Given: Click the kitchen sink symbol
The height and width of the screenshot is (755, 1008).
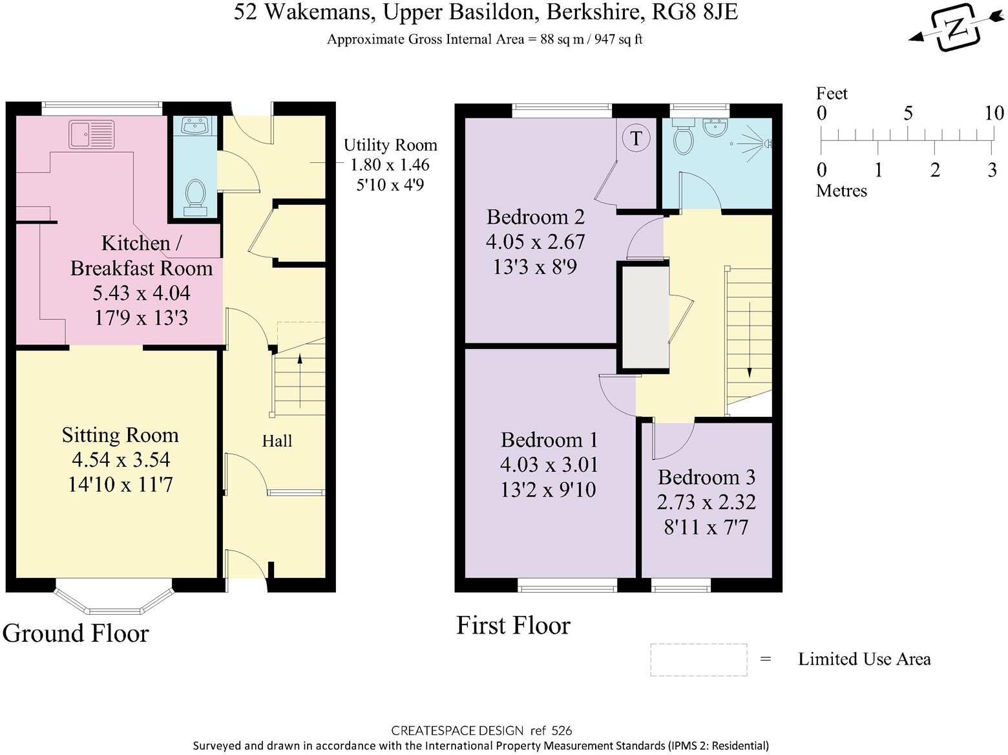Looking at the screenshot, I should (91, 134).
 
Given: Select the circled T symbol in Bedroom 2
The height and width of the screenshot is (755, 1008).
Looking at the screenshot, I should (636, 138).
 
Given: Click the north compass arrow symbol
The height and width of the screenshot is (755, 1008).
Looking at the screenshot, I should (955, 27).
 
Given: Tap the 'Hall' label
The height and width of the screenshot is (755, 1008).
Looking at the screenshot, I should (277, 441).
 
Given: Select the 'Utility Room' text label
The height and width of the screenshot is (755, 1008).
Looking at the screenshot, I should (390, 145).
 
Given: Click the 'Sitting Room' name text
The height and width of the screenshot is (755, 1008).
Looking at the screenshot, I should (120, 435).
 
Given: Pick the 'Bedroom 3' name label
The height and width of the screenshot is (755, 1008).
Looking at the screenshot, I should (706, 477).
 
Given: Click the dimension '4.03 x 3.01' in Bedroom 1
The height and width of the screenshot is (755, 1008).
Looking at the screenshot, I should (549, 465).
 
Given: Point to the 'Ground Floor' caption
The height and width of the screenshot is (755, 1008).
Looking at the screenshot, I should (76, 633).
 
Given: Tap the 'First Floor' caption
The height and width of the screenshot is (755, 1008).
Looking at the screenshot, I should (513, 625).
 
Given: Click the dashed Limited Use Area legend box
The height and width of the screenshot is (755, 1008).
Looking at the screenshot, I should (698, 660).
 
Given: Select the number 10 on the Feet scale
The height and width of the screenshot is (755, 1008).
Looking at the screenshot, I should (993, 113).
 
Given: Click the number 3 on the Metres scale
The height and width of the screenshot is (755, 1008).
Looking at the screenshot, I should (992, 170).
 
